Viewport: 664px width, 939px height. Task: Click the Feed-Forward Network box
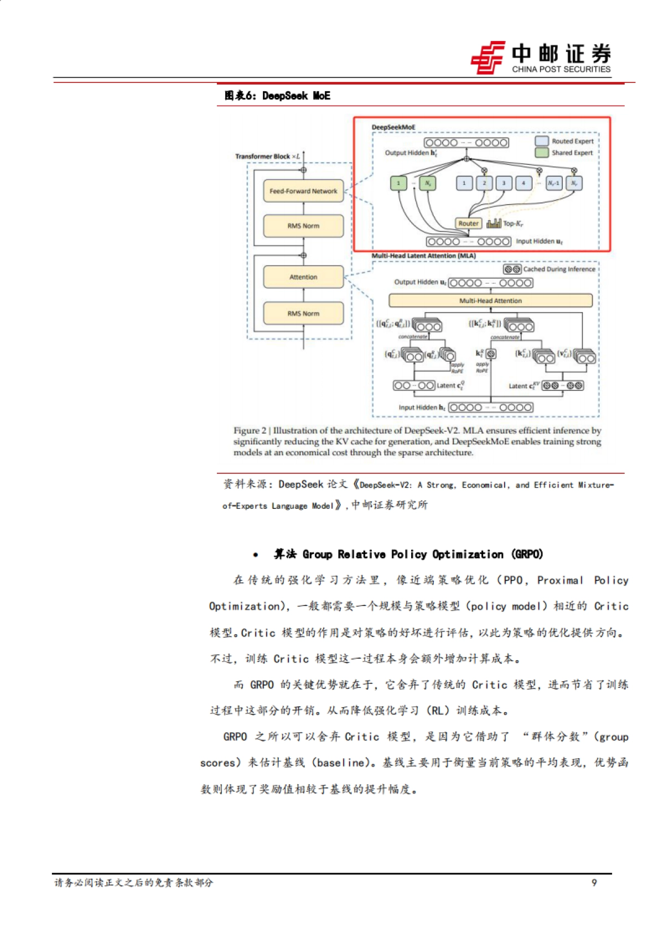303,191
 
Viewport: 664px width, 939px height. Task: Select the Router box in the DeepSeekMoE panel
468,223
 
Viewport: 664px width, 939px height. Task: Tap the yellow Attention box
303,277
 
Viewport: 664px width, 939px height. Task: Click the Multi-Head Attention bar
490,301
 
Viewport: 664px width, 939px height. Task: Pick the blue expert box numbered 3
504,183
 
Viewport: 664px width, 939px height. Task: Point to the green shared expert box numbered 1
398,183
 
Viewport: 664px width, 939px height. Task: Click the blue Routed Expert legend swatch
542,141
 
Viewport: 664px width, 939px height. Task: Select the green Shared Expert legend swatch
542,153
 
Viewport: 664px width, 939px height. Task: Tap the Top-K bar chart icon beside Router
494,223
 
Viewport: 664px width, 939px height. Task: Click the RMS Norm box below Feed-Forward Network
303,226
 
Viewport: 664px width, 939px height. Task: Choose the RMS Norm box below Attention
303,314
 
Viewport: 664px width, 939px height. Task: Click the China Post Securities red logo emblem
488,58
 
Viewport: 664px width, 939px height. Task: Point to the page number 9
594,883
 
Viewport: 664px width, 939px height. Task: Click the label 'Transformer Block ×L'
267,156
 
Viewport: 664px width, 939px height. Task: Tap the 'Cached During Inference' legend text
559,269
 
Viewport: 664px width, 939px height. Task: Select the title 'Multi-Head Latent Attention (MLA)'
423,256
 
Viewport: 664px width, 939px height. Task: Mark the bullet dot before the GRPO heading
255,555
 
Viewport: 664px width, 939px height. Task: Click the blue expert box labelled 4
523,183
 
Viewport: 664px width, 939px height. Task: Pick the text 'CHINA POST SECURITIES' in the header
561,70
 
